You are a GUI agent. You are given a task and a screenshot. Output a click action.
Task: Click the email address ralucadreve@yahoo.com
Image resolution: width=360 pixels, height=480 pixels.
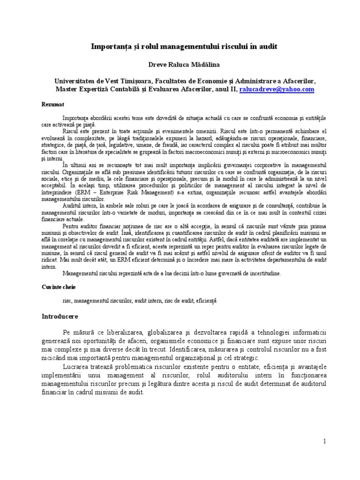click(277, 89)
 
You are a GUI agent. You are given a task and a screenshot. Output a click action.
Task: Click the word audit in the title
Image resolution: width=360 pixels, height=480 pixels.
click(267, 46)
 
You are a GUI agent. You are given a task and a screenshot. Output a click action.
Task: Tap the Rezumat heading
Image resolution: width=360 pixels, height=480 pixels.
click(52, 104)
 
